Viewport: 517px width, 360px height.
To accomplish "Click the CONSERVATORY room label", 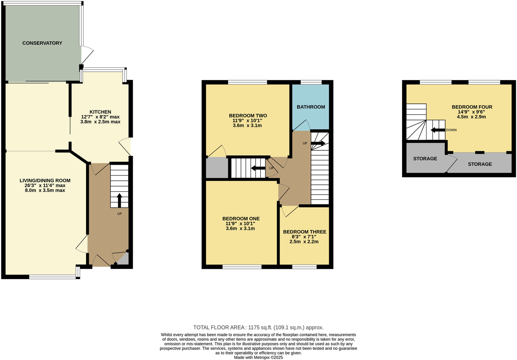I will [42, 43].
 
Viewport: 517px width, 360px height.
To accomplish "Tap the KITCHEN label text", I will [100, 112].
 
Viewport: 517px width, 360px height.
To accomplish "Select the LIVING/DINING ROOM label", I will [45, 180].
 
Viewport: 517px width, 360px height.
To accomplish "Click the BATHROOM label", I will [311, 107].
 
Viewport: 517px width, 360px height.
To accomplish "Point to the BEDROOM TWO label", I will [248, 116].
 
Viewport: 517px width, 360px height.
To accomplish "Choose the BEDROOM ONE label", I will [241, 219].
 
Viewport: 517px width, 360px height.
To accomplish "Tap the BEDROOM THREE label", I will [304, 232].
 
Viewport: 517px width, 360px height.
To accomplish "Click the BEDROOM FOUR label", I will [472, 107].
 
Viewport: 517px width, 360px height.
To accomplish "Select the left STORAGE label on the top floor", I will [425, 159].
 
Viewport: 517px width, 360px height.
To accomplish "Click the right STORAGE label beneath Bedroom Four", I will [480, 164].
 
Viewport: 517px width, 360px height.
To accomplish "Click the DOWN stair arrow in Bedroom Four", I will [438, 130].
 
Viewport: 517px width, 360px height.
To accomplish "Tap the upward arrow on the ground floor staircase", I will [119, 200].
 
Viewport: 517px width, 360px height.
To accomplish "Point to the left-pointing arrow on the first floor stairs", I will [258, 168].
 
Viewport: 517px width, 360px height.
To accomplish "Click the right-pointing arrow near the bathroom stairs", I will [318, 143].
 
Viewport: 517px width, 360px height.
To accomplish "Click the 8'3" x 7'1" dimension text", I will [304, 236].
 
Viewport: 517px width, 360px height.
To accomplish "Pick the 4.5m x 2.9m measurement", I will [471, 117].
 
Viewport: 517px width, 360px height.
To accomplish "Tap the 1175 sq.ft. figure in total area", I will [260, 327].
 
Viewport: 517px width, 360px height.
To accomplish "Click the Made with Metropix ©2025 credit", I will [258, 357].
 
